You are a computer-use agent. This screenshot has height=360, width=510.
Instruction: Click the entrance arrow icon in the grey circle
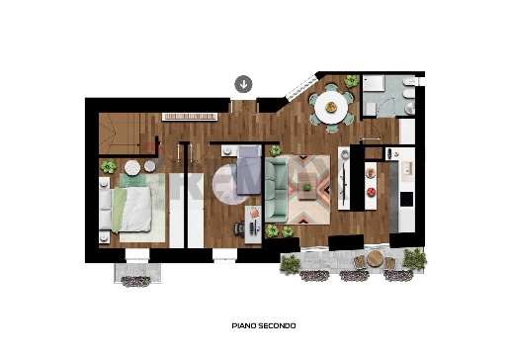tap(243, 84)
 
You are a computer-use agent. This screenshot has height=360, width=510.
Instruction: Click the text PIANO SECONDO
tap(264, 325)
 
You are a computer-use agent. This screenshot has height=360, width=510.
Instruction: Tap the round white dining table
tap(331, 108)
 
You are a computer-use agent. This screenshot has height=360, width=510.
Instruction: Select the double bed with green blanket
tap(126, 210)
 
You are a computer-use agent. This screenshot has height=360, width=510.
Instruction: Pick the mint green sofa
tap(276, 191)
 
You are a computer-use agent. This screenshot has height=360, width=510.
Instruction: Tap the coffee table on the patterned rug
tap(307, 187)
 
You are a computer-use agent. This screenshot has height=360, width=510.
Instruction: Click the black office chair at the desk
tap(239, 228)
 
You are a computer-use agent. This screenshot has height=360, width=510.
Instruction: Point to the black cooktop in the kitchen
tap(406, 199)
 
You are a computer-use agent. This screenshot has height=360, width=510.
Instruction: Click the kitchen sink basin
tap(406, 170)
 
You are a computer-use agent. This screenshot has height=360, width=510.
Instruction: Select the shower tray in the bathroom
tap(374, 83)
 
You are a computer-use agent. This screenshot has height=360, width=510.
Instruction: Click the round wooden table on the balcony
tap(374, 258)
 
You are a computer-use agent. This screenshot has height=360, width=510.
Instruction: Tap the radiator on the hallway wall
tap(190, 117)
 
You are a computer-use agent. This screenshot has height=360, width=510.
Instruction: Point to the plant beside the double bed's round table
tap(109, 166)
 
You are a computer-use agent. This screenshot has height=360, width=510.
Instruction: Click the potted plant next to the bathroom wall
tap(351, 81)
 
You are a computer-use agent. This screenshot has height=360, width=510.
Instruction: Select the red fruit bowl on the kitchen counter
tap(371, 192)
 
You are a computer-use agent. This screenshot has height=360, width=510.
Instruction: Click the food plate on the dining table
tap(331, 107)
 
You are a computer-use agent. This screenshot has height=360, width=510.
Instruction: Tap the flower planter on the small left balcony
tap(135, 281)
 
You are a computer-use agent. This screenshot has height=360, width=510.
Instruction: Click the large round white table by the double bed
tap(132, 167)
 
